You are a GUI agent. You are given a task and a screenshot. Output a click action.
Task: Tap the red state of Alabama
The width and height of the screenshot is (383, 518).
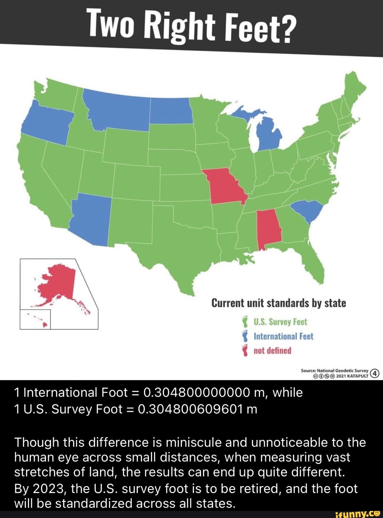[x=269, y=229]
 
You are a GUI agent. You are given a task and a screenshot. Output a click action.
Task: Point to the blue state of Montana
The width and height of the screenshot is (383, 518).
[x=117, y=108]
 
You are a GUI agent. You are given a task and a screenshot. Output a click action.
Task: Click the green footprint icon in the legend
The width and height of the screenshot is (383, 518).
[x=244, y=322]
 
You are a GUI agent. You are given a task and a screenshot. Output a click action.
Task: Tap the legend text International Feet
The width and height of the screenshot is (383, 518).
[x=283, y=336]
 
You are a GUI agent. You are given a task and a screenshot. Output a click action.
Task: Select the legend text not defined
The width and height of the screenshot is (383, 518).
[x=272, y=351]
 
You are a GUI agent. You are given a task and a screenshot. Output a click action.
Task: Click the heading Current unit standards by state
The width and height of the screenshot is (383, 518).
[x=278, y=303]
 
